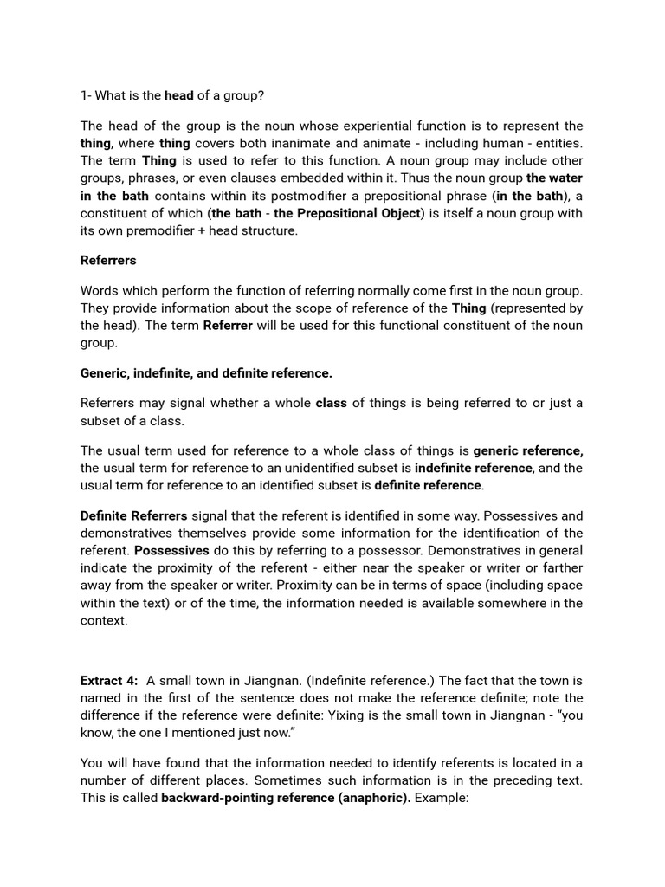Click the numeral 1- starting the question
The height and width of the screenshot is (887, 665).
pyautogui.click(x=86, y=95)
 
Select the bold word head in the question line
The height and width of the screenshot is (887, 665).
pyautogui.click(x=179, y=95)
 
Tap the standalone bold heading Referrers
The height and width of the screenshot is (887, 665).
pyautogui.click(x=108, y=260)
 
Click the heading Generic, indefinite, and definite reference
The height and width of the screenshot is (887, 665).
pyautogui.click(x=206, y=372)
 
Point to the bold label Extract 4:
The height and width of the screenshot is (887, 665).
pyautogui.click(x=109, y=680)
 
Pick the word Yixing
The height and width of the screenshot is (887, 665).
pyautogui.click(x=352, y=715)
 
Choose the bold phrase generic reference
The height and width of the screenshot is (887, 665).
pyautogui.click(x=527, y=450)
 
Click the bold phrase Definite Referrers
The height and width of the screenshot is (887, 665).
pyautogui.click(x=133, y=515)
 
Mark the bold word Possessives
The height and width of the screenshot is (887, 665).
pyautogui.click(x=171, y=550)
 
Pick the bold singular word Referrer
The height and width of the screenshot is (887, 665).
pyautogui.click(x=228, y=325)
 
